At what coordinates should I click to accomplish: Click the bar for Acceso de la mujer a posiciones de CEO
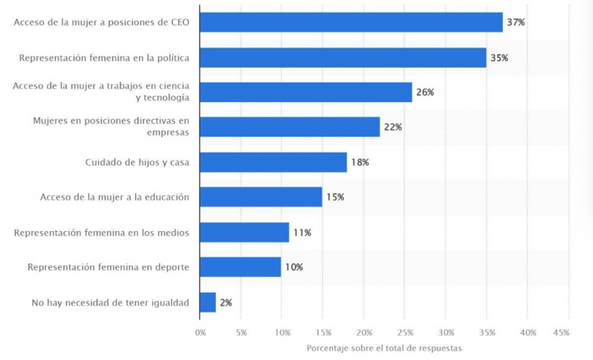click(350, 22)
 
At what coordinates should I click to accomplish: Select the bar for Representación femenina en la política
click(343, 58)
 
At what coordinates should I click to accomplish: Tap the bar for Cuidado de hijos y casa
click(273, 162)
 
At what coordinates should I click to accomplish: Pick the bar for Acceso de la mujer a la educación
click(261, 197)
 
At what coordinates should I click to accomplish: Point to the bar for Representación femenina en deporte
click(240, 267)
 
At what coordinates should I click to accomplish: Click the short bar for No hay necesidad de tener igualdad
click(207, 302)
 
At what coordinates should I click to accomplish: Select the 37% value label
click(515, 22)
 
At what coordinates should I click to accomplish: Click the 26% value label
click(425, 92)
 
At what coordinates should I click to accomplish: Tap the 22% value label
click(392, 127)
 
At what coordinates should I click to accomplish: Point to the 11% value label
click(302, 232)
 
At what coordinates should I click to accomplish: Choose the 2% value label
click(225, 302)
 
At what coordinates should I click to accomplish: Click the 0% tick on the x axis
click(200, 333)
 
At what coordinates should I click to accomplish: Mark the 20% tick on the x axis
click(365, 333)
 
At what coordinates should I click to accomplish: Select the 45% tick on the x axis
click(561, 333)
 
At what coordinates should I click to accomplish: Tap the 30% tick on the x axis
click(447, 333)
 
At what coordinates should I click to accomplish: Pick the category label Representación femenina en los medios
click(102, 232)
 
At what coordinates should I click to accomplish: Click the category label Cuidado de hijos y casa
click(137, 162)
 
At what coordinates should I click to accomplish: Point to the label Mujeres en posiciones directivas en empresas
click(111, 127)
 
